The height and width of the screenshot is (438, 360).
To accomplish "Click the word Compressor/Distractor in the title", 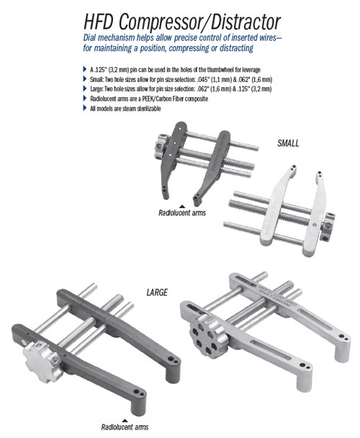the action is pyautogui.click(x=200, y=22).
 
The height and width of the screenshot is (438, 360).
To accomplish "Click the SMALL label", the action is pyautogui.click(x=288, y=143).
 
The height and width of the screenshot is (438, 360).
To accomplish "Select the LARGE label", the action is pyautogui.click(x=157, y=293).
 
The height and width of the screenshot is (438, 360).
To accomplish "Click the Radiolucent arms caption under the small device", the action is pyautogui.click(x=182, y=213).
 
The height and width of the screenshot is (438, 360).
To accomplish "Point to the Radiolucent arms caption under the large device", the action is pyautogui.click(x=125, y=427).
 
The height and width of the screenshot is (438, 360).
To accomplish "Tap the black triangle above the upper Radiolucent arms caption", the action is pyautogui.click(x=182, y=206).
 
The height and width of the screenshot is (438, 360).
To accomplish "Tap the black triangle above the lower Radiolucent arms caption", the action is pyautogui.click(x=125, y=421).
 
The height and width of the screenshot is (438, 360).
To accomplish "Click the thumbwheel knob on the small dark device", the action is pyautogui.click(x=162, y=147).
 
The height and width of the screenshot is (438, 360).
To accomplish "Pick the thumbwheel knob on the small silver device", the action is pyautogui.click(x=328, y=227).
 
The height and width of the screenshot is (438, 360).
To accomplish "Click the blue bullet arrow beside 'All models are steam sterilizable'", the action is pyautogui.click(x=85, y=108).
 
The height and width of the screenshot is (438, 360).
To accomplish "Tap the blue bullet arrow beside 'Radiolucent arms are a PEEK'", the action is pyautogui.click(x=85, y=98).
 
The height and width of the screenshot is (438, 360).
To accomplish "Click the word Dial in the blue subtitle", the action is pyautogui.click(x=89, y=37).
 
